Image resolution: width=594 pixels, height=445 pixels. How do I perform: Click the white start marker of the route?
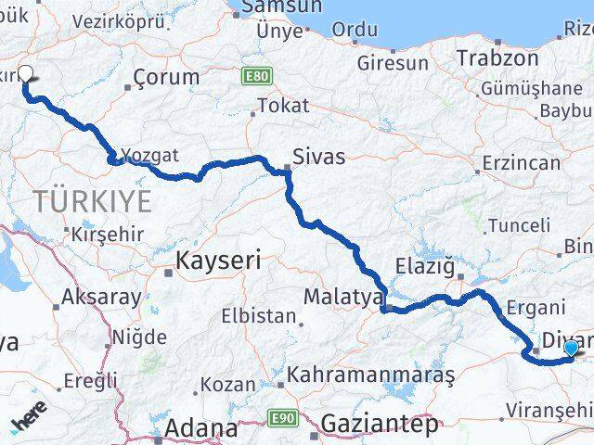(x=25, y=75)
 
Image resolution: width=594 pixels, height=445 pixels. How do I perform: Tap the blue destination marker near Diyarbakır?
(x=570, y=348)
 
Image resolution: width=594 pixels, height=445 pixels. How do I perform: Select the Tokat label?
(x=284, y=106)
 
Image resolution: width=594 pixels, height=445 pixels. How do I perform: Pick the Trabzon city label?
(x=497, y=57)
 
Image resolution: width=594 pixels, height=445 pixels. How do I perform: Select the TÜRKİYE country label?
(x=92, y=200)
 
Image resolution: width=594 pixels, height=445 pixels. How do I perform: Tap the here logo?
(x=30, y=423)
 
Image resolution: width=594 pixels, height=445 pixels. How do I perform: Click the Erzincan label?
(x=521, y=164)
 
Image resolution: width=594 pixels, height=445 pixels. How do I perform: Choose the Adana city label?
(x=201, y=428)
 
